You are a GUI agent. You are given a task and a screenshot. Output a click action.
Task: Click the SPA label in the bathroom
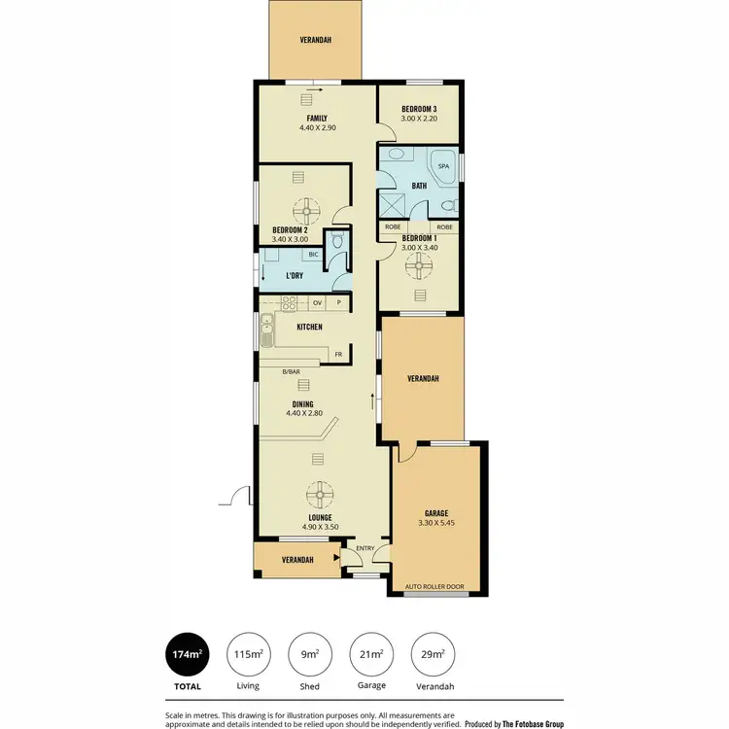coord(442,166)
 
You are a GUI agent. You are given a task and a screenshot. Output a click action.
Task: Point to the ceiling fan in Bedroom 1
coord(421,262)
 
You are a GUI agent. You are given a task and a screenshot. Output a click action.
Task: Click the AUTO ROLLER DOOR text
coord(436,587)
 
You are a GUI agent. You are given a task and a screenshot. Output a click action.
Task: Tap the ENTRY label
coord(364,548)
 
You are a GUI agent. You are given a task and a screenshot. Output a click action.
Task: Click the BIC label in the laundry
coord(313,255)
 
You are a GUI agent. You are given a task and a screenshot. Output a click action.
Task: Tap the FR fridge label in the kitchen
coord(338,354)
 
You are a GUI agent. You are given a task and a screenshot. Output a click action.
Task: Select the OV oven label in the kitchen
coord(317,302)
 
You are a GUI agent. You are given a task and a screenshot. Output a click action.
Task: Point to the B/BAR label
coord(290,371)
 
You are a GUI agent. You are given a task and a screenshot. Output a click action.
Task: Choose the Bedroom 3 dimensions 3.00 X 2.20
coord(420,119)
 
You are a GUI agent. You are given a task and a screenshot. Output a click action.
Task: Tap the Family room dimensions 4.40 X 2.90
coord(317,127)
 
